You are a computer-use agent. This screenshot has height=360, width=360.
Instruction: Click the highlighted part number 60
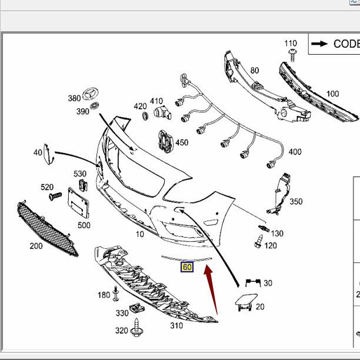[x=187, y=267]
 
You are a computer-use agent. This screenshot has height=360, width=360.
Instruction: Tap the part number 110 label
[x=291, y=44]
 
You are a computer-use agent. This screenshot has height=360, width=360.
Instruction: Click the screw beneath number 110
[x=291, y=55]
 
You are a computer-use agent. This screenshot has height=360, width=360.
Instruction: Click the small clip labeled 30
[x=254, y=284]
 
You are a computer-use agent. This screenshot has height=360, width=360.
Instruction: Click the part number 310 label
[x=176, y=325]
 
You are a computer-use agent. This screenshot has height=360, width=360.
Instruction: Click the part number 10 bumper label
[x=139, y=234]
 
